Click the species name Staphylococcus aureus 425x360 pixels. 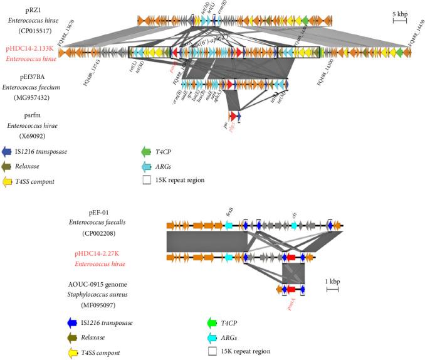click(x=103, y=292)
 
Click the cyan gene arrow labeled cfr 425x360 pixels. click(x=294, y=225)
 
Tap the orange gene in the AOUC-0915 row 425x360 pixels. click(x=281, y=289)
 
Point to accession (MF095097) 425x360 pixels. click(x=103, y=302)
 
